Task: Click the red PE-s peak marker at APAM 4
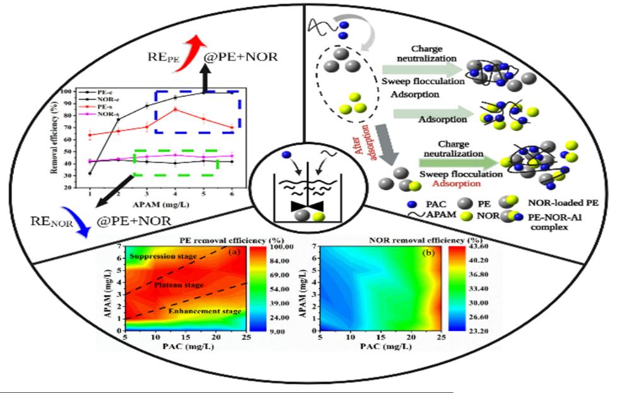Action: [x=175, y=110]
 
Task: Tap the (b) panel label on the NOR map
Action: [x=426, y=252]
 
